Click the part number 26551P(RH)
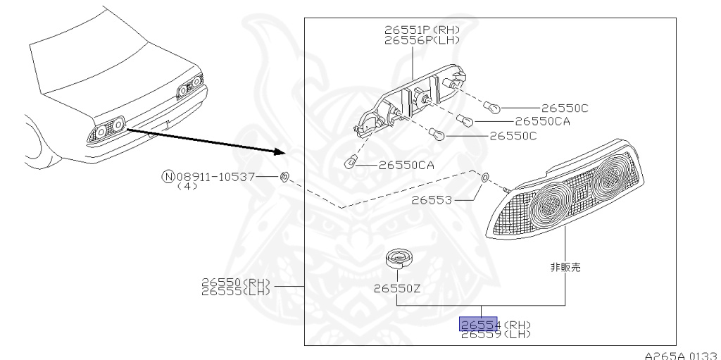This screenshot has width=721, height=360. (422, 30)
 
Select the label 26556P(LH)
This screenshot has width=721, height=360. (422, 40)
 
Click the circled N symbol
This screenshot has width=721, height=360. (168, 176)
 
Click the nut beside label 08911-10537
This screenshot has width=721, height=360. (284, 176)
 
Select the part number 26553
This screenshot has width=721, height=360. (431, 200)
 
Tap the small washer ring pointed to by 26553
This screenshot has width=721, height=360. (485, 177)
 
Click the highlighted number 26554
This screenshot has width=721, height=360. (479, 324)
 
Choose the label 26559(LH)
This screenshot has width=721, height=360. (495, 335)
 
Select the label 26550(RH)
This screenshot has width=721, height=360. (235, 283)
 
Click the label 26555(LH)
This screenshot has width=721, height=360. (235, 291)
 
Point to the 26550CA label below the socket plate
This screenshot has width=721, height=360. (406, 166)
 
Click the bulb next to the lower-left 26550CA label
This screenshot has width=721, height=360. (348, 164)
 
